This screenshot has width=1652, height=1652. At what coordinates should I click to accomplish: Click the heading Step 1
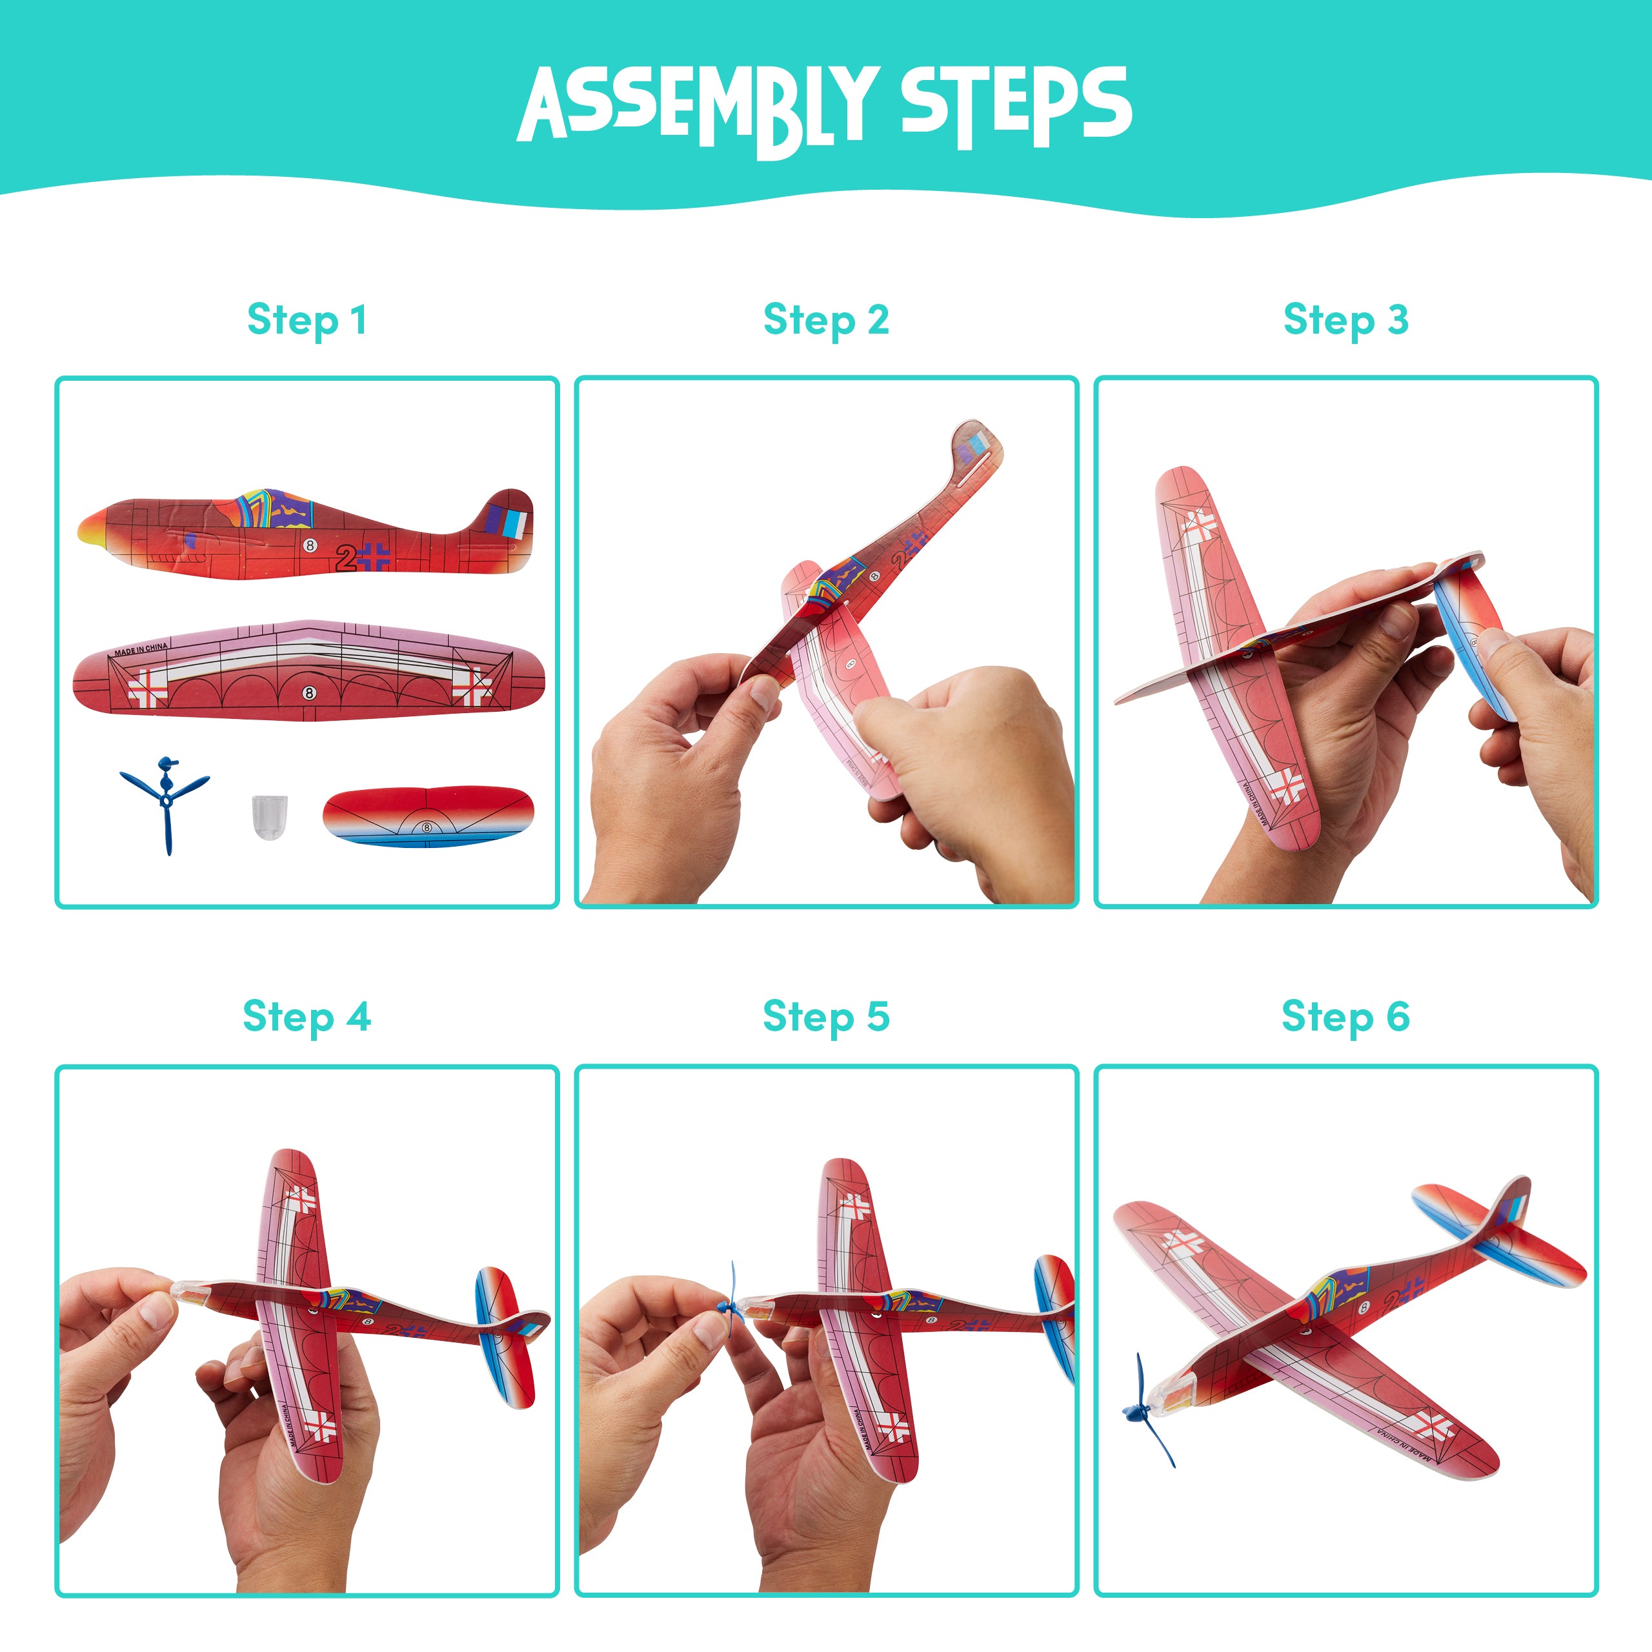tap(307, 321)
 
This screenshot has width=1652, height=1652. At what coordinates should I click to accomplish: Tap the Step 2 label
tap(826, 321)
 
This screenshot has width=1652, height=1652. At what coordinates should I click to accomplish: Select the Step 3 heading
tap(1346, 321)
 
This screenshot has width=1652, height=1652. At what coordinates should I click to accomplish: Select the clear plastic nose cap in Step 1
tap(269, 816)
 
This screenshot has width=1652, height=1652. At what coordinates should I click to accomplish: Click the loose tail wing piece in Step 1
tap(428, 816)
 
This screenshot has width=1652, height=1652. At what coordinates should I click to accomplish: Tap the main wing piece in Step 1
tap(308, 672)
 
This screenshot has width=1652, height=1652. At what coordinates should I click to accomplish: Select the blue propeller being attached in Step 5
tap(732, 1307)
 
